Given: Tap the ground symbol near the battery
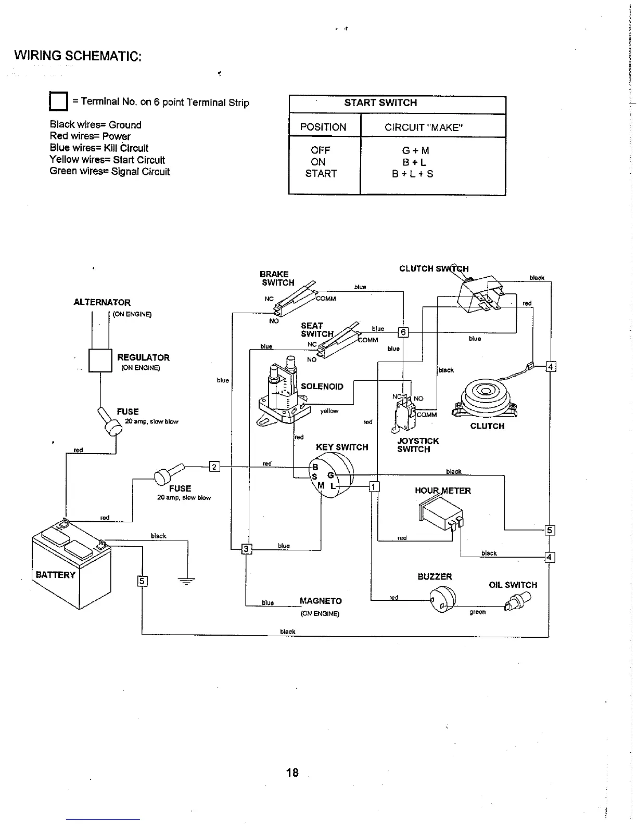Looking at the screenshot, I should tap(186, 582).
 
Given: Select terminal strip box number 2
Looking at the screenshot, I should tap(214, 466).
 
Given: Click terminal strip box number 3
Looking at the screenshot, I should tap(247, 549).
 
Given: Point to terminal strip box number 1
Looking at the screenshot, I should tap(374, 487).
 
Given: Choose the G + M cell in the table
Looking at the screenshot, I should tap(415, 151).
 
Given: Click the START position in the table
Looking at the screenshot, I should tap(321, 174).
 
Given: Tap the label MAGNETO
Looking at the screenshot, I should tap(321, 601).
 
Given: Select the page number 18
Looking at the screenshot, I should tap(292, 772).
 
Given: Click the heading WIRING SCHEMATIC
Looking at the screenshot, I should tap(78, 56).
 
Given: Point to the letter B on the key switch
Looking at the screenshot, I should tap(315, 467).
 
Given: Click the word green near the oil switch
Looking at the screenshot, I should tap(477, 612).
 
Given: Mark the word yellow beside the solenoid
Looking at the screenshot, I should tap(329, 411).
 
